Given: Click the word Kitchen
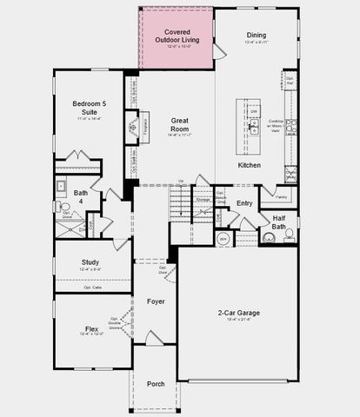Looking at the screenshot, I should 250,165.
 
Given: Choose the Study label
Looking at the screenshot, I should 90,261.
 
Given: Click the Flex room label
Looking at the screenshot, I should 91,329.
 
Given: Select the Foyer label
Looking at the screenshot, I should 156,301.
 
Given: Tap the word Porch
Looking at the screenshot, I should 156,383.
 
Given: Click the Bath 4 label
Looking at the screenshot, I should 80,196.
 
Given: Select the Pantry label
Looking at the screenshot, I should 270,196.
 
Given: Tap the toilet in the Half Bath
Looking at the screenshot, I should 290,235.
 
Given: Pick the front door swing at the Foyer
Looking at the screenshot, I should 155,338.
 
